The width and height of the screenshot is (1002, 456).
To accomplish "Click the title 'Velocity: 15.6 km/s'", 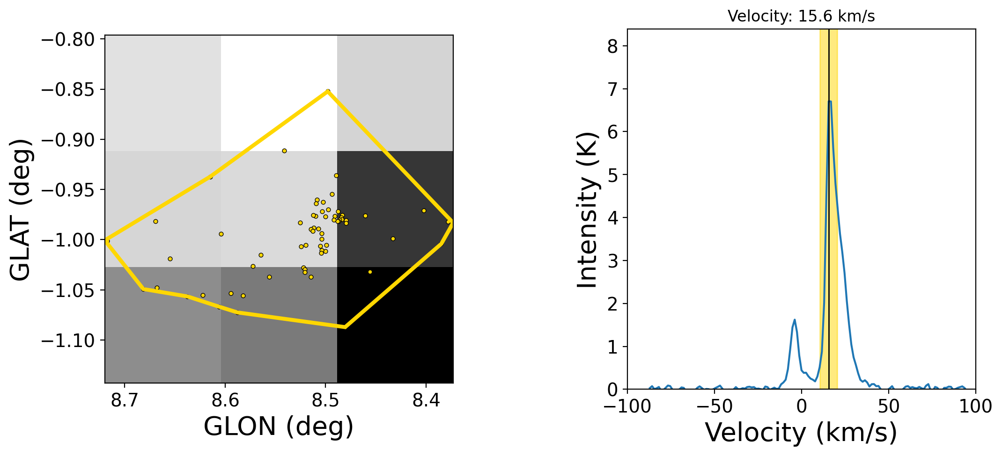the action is (x=801, y=16).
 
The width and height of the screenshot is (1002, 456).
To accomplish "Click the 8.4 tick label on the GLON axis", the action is (x=426, y=401).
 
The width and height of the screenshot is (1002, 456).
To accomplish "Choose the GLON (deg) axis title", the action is (x=279, y=426).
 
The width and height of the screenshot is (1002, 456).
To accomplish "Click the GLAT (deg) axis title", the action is (x=21, y=209).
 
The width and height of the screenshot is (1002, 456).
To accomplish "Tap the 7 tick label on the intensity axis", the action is (x=613, y=89).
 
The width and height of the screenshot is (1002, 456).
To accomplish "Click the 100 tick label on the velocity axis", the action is (x=975, y=406).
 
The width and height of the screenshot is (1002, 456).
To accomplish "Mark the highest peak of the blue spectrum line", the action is (x=829, y=101).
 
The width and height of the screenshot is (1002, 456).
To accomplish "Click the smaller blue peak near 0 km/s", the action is (x=795, y=320).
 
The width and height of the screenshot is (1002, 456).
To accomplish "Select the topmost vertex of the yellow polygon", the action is (x=328, y=91).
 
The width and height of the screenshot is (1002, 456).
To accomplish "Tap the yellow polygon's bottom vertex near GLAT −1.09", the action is (x=345, y=327).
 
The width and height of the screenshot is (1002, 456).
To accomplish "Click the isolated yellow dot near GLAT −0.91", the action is (x=284, y=151).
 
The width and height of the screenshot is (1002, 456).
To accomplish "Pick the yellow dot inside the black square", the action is (x=370, y=272).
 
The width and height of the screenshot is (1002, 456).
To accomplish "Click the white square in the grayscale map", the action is (x=279, y=93).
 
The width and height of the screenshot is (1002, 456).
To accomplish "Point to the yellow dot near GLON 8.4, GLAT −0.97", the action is (x=424, y=210).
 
